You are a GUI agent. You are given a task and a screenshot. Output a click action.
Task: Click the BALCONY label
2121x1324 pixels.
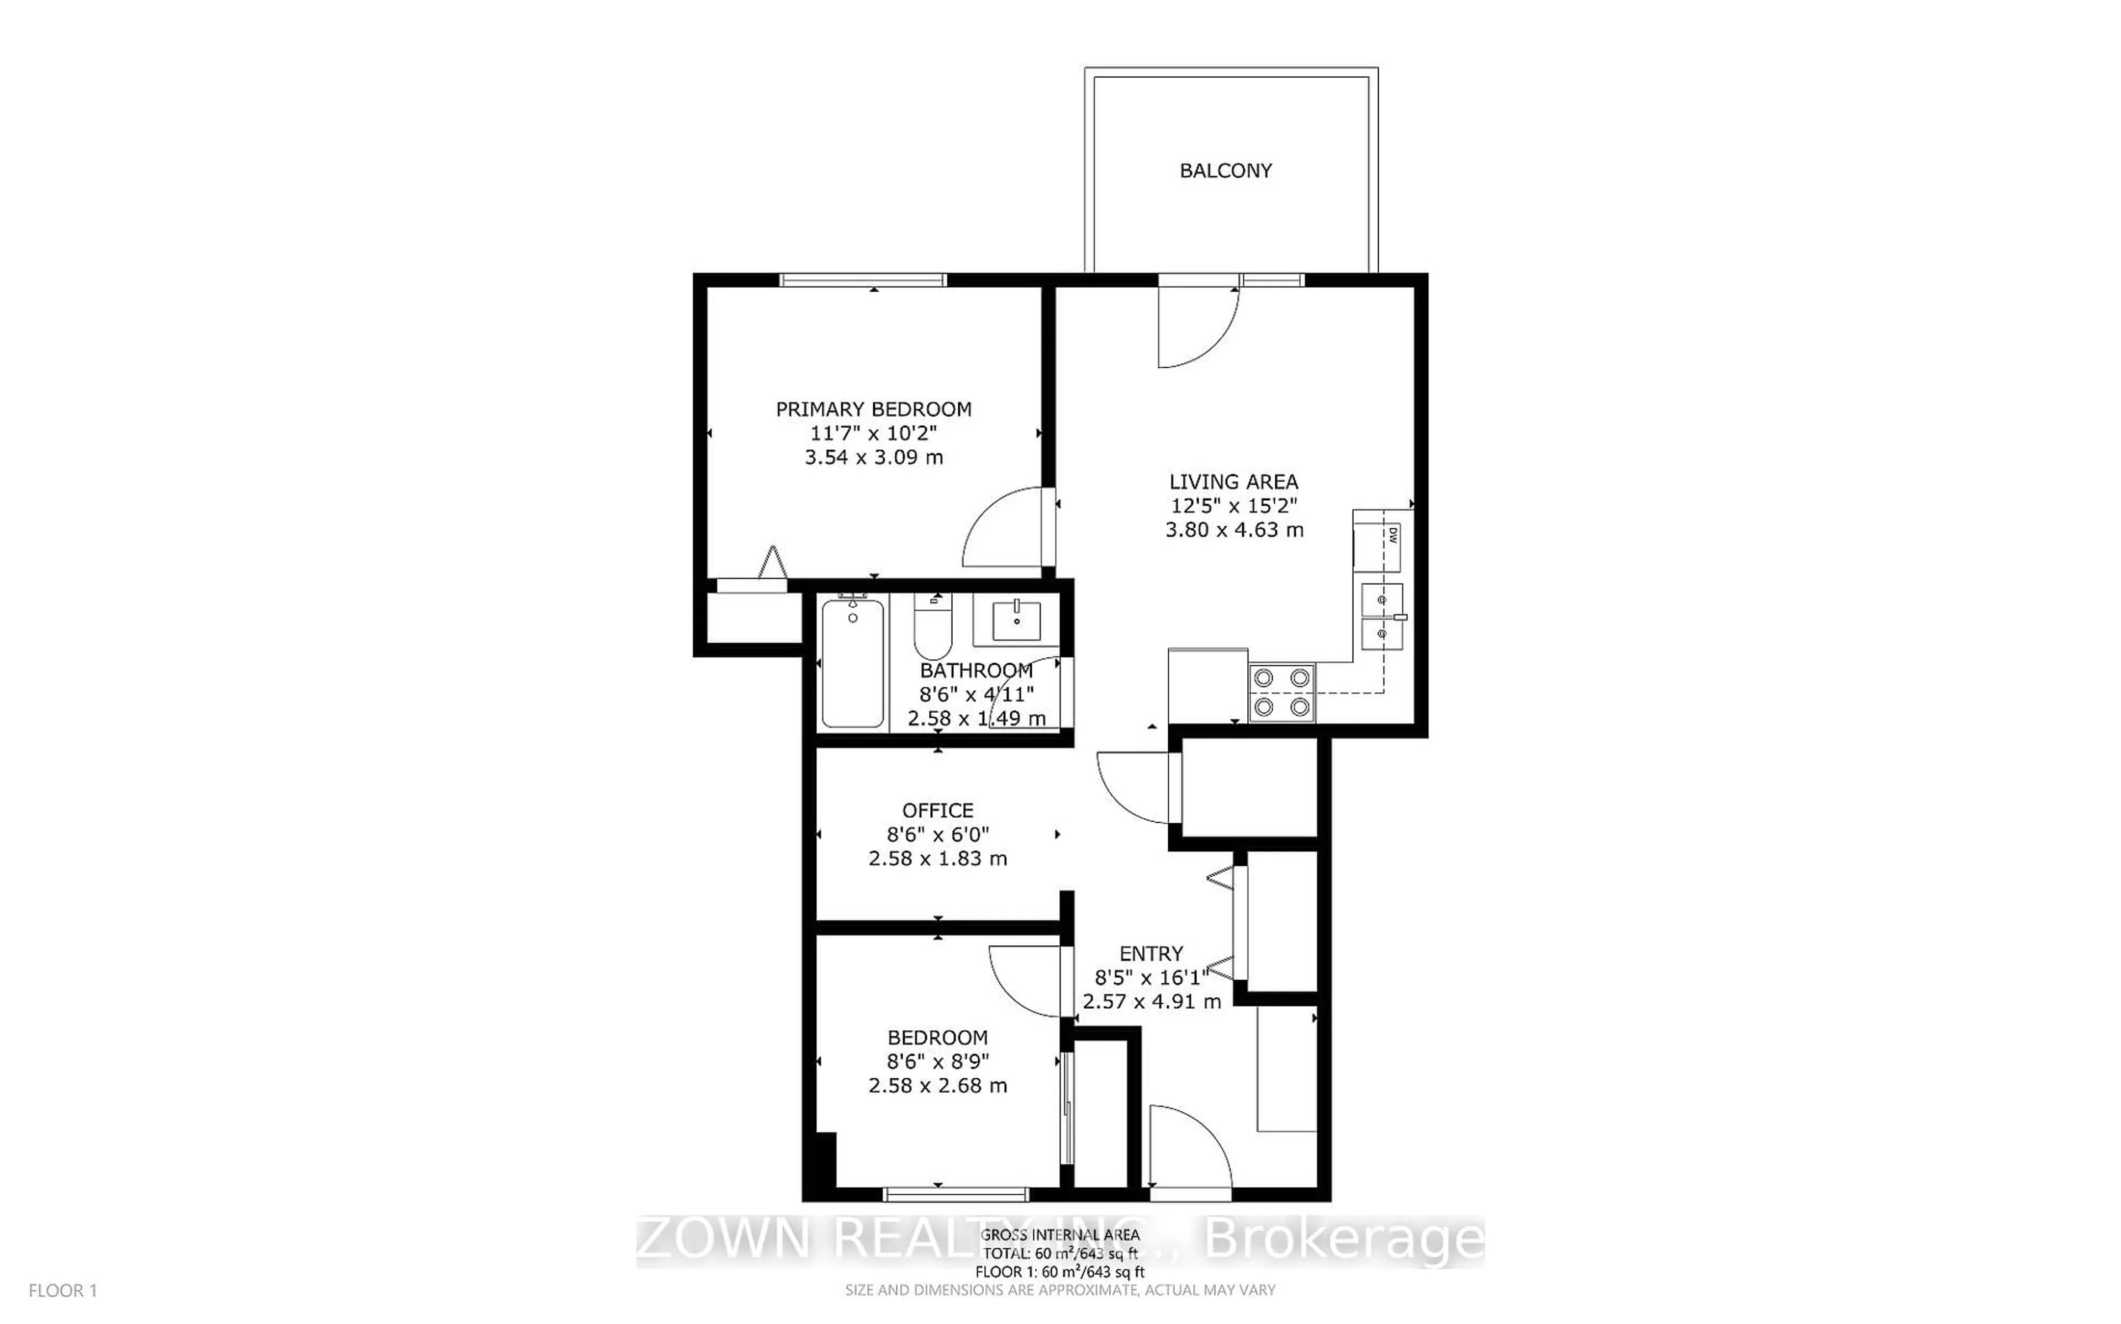[x=1225, y=171]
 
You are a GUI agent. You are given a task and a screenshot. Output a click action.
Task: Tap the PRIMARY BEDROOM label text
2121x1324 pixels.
[x=873, y=409]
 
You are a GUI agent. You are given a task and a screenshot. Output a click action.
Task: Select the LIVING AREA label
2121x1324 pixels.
[x=1233, y=481]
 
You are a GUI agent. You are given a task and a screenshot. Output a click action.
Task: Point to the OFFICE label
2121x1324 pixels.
[x=937, y=810]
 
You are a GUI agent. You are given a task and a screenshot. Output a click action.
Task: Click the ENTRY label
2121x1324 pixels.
[x=1151, y=954]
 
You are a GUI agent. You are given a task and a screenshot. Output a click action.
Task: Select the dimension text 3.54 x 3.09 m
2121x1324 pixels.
[x=873, y=457]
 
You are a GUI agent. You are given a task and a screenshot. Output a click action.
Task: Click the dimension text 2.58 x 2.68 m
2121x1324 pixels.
[x=937, y=1086]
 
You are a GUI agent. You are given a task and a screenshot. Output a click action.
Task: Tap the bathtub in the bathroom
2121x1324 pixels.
[x=853, y=663]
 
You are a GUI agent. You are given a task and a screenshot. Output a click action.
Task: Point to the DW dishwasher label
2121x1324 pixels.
[x=1391, y=536]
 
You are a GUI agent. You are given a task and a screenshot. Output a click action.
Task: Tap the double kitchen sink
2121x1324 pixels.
[x=1382, y=617]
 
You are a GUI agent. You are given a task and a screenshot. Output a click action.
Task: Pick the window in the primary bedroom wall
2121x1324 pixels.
[x=863, y=280]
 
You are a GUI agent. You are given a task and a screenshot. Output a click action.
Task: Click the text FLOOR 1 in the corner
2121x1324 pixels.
[x=62, y=1291]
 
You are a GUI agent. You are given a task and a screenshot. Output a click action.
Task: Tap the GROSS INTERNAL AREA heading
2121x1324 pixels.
[x=1059, y=1235]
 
